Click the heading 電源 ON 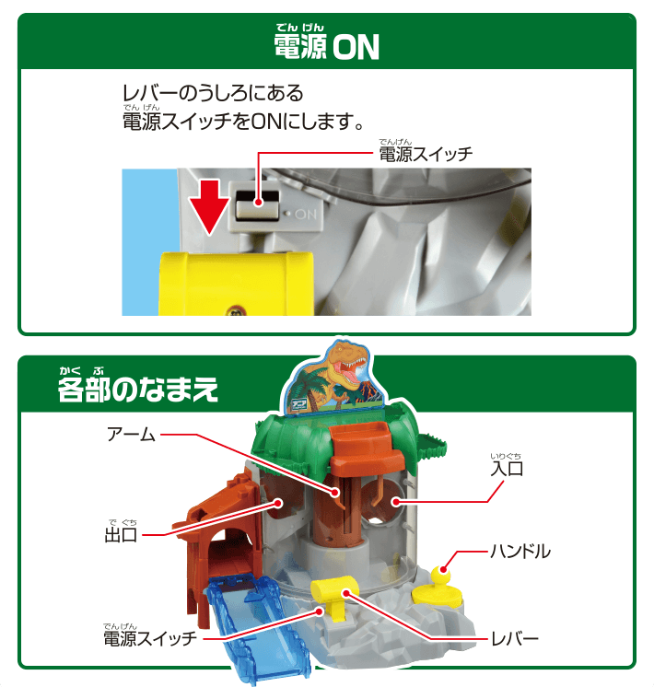326,47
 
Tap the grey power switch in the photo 259,204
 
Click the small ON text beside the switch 306,214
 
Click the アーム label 131,433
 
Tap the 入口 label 507,468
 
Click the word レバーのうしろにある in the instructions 213,94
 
